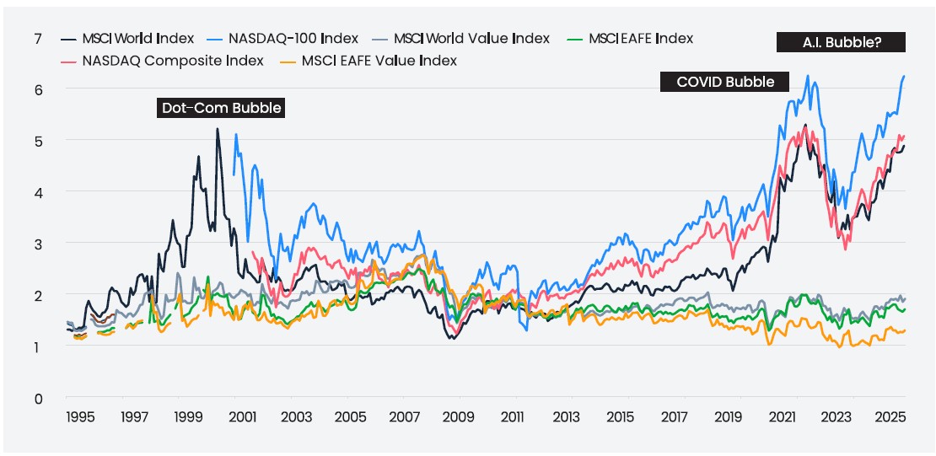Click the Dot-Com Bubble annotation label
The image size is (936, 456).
220,108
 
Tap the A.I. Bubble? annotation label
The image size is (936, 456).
841,41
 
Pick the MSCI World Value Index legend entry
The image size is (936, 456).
464,39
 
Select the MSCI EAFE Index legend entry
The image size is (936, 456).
633,39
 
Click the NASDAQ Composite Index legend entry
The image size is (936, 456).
164,61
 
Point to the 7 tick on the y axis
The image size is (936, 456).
37,39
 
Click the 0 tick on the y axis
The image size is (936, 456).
37,398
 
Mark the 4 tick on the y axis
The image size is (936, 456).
37,192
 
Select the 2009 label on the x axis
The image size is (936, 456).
458,417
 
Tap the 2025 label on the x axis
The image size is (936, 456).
890,417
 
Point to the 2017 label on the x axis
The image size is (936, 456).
675,417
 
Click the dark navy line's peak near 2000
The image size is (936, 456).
217,129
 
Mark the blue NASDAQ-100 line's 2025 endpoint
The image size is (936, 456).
905,77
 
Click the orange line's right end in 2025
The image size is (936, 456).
905,330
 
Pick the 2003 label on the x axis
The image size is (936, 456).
296,417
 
